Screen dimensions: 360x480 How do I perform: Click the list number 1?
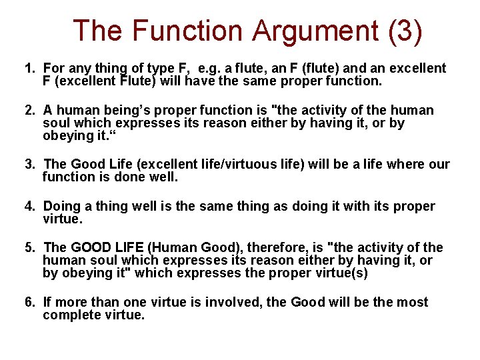[29, 68]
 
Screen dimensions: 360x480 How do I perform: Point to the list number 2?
[29, 110]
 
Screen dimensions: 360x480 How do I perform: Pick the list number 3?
[29, 164]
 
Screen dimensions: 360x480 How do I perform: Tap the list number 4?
[29, 206]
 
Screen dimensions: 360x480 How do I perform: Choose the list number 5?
[29, 248]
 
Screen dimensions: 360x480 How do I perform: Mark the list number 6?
[29, 302]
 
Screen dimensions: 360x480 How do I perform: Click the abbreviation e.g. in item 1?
[211, 68]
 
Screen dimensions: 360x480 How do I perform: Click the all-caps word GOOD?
[93, 248]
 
